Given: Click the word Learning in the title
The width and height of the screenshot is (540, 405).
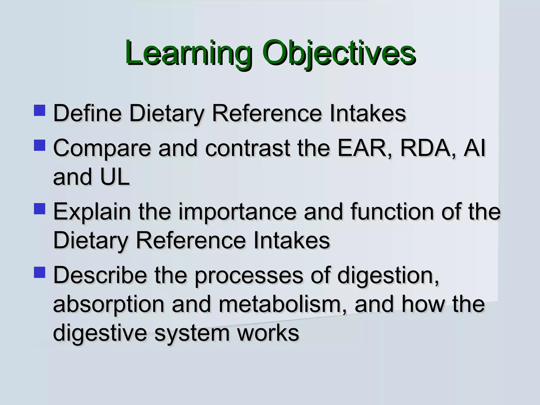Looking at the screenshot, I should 188,53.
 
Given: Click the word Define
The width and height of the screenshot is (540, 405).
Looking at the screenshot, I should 87,113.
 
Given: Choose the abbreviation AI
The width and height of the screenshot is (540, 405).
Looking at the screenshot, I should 475,148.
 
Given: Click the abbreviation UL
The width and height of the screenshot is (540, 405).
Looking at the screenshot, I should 115,177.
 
